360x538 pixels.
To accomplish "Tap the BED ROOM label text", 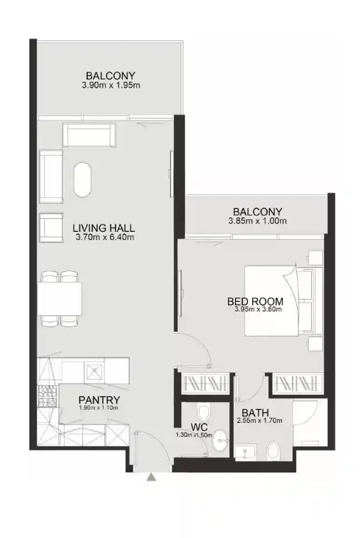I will [x=255, y=302].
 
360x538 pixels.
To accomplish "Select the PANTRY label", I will [x=99, y=400].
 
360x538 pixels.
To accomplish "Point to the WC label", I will [x=199, y=427].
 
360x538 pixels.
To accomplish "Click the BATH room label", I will [x=256, y=413].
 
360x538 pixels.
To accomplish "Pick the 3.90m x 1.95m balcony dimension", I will [x=110, y=85].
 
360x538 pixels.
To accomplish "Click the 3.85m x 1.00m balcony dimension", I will [x=257, y=221].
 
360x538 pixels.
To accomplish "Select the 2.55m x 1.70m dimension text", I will [x=260, y=421].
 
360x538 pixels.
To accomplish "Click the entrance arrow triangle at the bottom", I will [x=151, y=477].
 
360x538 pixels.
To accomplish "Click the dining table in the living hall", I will [x=60, y=298].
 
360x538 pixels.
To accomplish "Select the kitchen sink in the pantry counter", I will [x=94, y=368].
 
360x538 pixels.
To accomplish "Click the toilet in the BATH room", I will [x=272, y=451].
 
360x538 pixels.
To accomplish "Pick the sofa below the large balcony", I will [x=89, y=135].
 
